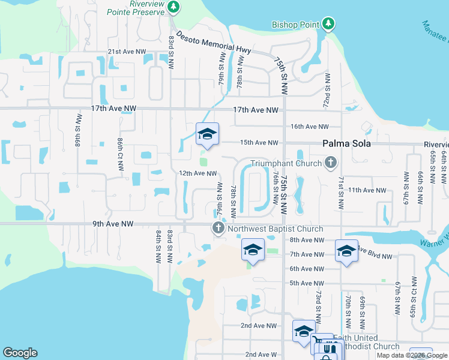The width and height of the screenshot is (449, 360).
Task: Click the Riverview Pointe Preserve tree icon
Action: [173, 7]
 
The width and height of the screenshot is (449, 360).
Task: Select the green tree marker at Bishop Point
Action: [328, 24]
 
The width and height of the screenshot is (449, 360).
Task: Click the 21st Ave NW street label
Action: [127, 52]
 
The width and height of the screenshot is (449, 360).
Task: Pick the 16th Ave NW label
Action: [309, 127]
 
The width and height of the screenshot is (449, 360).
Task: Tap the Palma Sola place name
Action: [346, 144]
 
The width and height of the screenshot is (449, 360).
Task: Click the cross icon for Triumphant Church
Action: [330, 162]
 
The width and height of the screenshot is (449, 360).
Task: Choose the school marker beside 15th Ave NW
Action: [206, 134]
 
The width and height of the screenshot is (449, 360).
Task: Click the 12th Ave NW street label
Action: [197, 173]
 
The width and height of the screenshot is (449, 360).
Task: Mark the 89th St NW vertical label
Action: [79, 125]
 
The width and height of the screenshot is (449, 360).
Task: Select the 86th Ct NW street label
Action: [121, 153]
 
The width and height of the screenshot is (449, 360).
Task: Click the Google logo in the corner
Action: [20, 353]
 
